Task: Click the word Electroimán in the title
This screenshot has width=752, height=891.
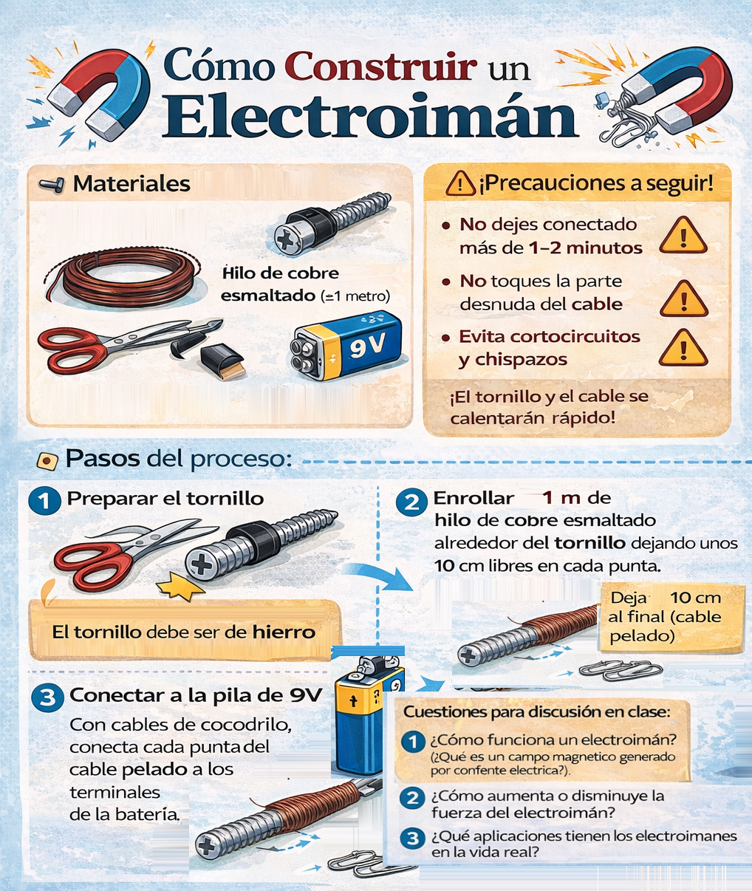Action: tap(369, 116)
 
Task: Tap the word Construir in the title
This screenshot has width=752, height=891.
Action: tap(380, 66)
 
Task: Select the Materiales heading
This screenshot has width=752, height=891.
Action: tap(131, 184)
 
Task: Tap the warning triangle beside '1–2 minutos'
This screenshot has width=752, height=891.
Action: tap(683, 236)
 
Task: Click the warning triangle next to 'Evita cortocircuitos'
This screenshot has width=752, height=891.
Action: tap(683, 349)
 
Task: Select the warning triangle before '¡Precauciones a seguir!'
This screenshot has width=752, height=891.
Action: tap(460, 183)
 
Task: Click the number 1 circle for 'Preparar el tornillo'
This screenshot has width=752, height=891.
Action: tap(44, 501)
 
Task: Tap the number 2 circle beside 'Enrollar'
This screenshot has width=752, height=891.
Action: tap(411, 502)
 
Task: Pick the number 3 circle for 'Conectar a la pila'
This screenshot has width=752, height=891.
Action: tap(47, 697)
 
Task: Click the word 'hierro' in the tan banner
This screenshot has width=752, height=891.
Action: tap(284, 632)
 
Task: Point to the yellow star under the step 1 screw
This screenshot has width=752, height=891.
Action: tap(181, 588)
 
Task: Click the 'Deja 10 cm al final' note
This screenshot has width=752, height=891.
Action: tap(668, 617)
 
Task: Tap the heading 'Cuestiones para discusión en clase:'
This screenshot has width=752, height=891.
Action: tap(536, 712)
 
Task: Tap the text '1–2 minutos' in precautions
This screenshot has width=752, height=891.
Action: tap(586, 248)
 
